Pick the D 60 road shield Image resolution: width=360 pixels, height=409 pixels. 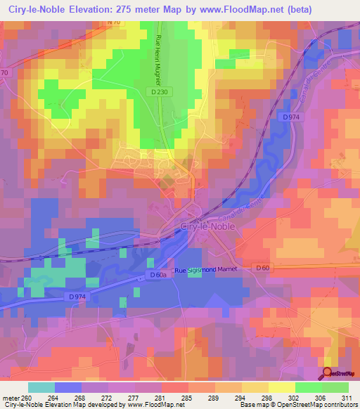click(x=262, y=268)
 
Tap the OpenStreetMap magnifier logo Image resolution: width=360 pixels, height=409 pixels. click(x=328, y=373)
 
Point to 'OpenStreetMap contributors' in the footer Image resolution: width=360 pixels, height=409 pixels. click(x=319, y=403)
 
